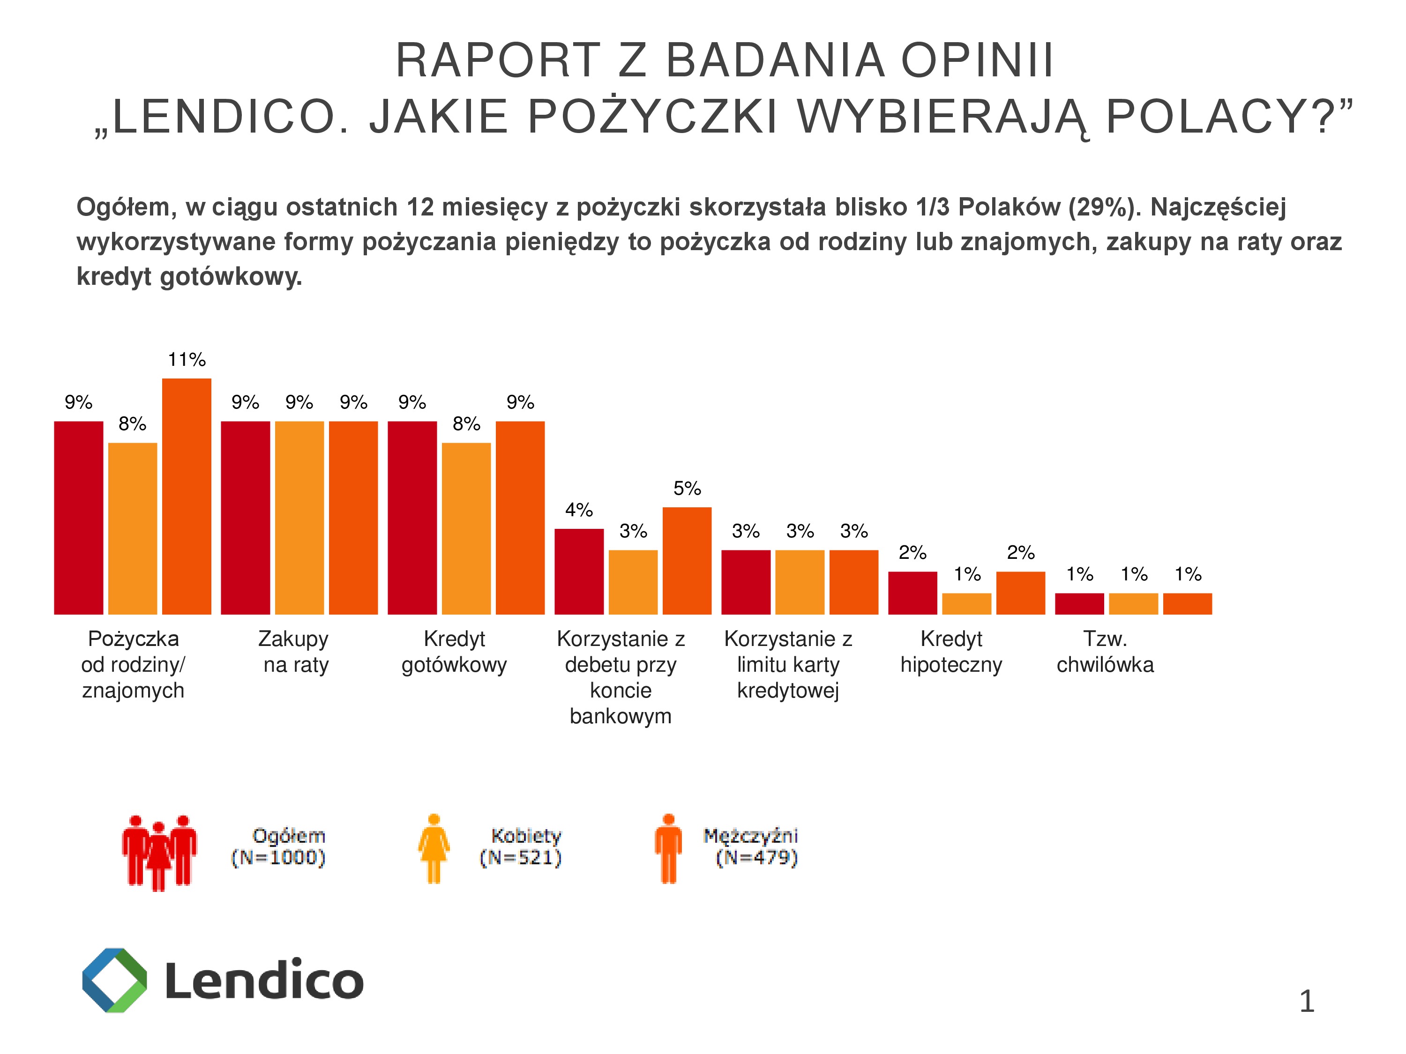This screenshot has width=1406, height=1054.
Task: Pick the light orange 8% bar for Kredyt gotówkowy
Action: [x=466, y=528]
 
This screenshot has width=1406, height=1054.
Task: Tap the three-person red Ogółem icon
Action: [x=159, y=851]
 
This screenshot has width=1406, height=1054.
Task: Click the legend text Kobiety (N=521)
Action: [x=522, y=846]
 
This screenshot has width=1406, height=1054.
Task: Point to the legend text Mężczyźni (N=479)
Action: [x=751, y=846]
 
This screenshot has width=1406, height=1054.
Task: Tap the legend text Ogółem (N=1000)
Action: [x=280, y=846]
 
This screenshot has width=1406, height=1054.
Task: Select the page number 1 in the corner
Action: [x=1307, y=1002]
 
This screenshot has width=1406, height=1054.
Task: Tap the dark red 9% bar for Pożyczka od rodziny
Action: [x=78, y=517]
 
